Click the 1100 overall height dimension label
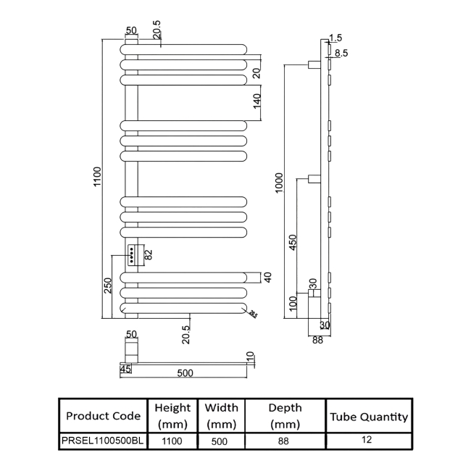(97, 177)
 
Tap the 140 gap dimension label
(257, 101)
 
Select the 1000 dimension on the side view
(279, 183)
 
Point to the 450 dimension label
(292, 242)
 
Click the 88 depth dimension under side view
(317, 340)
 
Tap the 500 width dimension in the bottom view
(185, 372)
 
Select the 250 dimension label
(107, 285)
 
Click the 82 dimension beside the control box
(149, 255)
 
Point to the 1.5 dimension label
(335, 38)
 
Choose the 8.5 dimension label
(341, 53)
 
